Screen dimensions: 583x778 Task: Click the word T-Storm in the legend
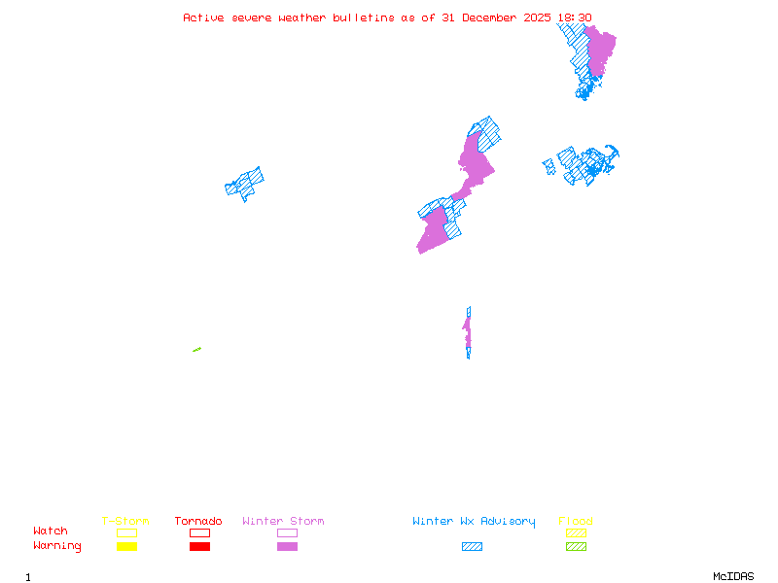click(x=125, y=522)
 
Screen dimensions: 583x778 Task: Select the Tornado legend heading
click(x=198, y=522)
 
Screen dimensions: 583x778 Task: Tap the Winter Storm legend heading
click(x=283, y=522)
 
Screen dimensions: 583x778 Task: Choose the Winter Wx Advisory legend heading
click(x=474, y=522)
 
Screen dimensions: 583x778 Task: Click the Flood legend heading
click(x=576, y=522)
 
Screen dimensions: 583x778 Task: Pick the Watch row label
click(x=51, y=532)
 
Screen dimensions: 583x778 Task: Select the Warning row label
click(x=57, y=546)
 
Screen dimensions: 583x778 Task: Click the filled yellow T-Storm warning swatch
click(x=126, y=547)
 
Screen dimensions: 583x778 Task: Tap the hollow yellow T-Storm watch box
click(x=126, y=532)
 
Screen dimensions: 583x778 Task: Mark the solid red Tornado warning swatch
click(x=199, y=547)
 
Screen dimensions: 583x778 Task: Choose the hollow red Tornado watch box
click(x=199, y=532)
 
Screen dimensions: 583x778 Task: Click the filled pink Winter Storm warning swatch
click(x=287, y=547)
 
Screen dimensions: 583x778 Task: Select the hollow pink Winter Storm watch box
click(x=287, y=532)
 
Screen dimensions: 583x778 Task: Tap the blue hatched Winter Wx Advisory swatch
click(x=472, y=547)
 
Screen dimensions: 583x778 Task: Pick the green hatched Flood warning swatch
click(x=576, y=547)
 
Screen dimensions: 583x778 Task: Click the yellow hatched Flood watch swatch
click(x=576, y=532)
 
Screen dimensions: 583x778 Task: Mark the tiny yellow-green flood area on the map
click(x=196, y=350)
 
